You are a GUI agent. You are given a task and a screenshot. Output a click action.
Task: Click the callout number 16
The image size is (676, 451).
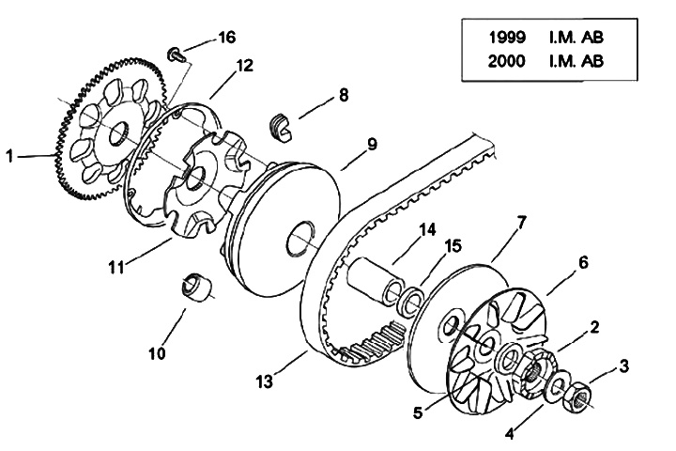pos(227,38)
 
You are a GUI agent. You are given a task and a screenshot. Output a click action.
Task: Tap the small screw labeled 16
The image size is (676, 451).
pos(176,54)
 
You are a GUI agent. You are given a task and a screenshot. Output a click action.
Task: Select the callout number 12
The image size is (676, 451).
pos(244,66)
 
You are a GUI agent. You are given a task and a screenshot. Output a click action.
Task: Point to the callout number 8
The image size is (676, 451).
pos(344,95)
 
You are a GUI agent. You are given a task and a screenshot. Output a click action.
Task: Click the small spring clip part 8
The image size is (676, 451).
pos(281,127)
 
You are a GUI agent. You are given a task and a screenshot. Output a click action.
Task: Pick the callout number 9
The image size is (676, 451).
pos(372,144)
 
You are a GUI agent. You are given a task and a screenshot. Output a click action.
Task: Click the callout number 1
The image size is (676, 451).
pos(9,156)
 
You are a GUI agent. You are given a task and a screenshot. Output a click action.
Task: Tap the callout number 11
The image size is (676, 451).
pos(116,267)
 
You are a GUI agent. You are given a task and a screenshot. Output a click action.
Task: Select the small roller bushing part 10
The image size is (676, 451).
pos(196,287)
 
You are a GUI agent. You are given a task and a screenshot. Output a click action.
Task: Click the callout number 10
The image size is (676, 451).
pos(157,353)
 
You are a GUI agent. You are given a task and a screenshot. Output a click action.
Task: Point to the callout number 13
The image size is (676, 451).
pos(264,381)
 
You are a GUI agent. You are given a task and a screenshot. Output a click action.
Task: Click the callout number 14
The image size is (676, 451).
pos(427,229)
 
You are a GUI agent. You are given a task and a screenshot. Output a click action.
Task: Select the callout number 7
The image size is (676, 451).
pos(521,223)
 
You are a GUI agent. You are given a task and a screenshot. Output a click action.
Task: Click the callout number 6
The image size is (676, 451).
pos(583,262)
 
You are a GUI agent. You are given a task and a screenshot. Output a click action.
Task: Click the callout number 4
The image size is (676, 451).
pos(510,433)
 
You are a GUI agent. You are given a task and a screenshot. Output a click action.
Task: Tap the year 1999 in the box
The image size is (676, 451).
pos(507,38)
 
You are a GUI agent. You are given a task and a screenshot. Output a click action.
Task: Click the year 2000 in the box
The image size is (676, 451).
pos(507,61)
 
